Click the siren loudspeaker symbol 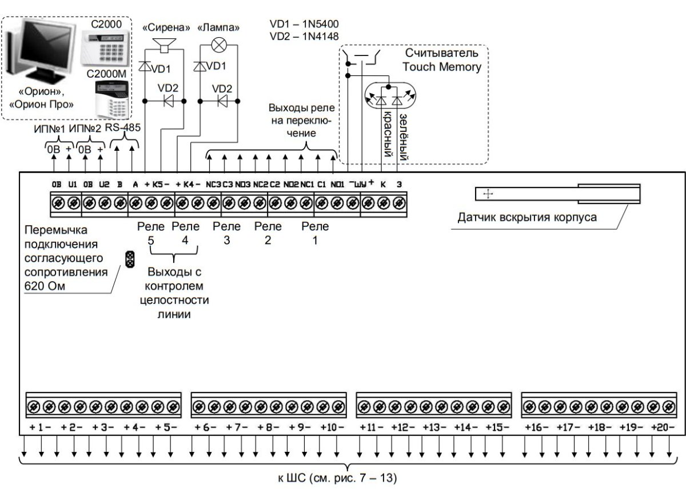(x=165, y=45)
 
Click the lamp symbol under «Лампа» (x=220, y=45)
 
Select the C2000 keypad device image (x=106, y=48)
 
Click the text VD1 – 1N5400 (x=304, y=24)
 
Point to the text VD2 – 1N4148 (x=304, y=37)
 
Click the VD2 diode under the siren (x=169, y=101)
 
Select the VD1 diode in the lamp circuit (x=200, y=66)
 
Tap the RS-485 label (x=122, y=127)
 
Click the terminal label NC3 (x=213, y=185)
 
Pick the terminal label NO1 (x=337, y=185)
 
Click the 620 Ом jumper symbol (x=130, y=259)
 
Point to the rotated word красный (x=388, y=134)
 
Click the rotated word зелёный (x=404, y=138)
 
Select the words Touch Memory (x=441, y=67)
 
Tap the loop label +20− (x=663, y=427)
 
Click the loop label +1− (x=41, y=427)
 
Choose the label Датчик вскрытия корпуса (x=527, y=218)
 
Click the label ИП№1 (x=49, y=129)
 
